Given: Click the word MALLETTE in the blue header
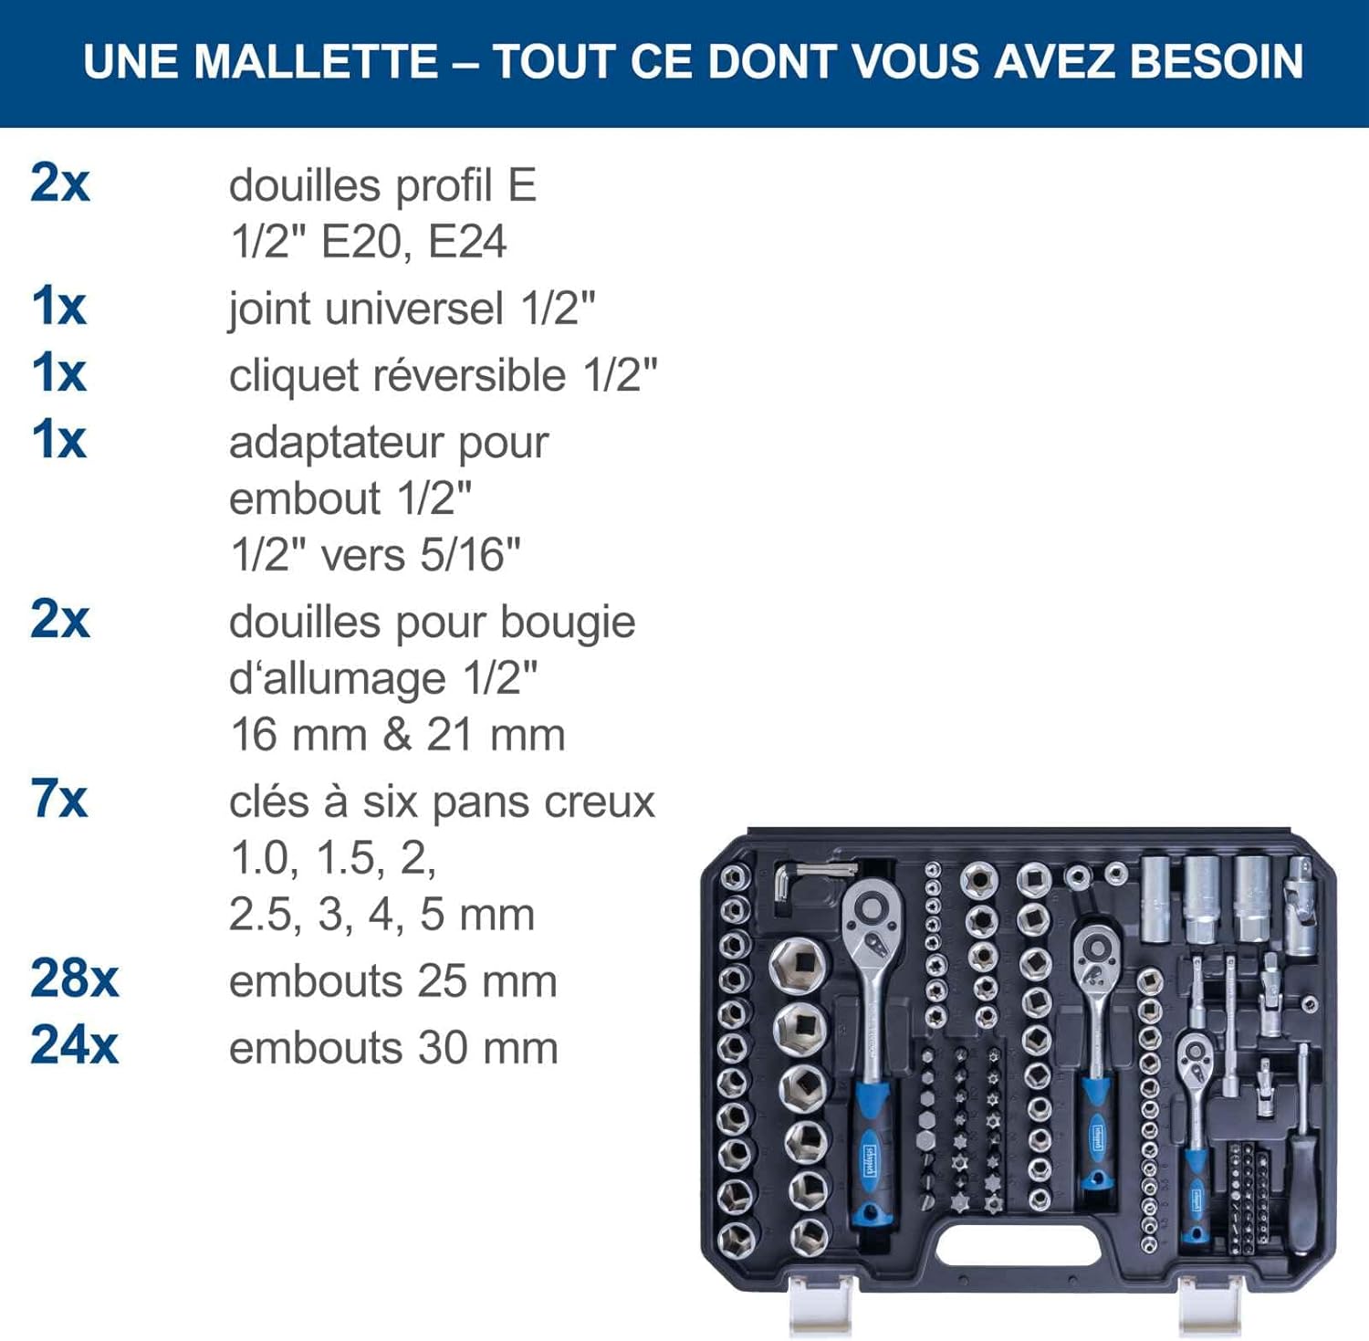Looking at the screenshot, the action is pos(316,62).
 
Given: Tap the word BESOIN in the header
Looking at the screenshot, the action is pos(1217,62).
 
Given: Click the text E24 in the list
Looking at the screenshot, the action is pos(467,242).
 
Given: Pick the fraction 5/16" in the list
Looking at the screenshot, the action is pos(470,555).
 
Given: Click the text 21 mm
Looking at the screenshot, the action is pos(496,735).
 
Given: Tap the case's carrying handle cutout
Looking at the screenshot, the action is pos(1019,1244).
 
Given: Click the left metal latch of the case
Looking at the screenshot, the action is pos(820,1305).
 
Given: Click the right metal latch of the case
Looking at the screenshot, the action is pos(1210,1305).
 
